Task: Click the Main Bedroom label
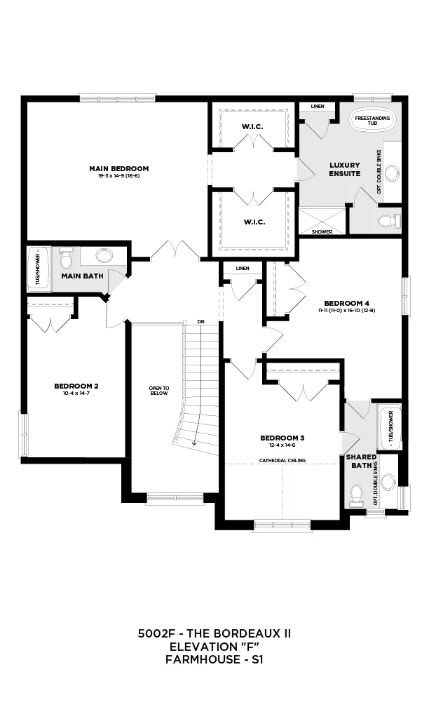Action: tap(118, 168)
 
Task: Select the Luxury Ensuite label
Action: tap(345, 170)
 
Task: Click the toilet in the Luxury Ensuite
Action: tap(386, 222)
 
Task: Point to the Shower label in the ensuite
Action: tap(322, 231)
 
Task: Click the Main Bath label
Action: tap(82, 276)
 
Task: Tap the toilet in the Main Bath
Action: tap(67, 259)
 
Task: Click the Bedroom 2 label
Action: tap(76, 386)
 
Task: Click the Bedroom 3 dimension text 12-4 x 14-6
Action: tap(282, 445)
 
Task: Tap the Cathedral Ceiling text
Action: tap(282, 461)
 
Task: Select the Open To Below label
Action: tap(159, 391)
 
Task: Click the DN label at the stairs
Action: tap(201, 322)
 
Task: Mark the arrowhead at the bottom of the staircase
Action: tap(193, 443)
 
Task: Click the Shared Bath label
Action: tap(361, 460)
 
